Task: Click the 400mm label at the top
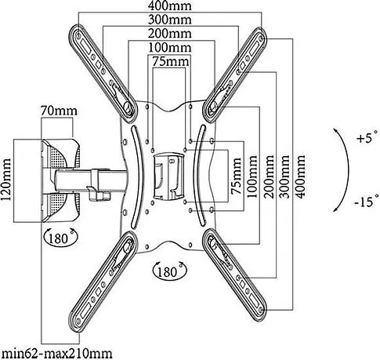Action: [x=170, y=5]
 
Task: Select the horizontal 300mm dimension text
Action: [x=170, y=20]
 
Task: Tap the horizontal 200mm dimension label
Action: [x=170, y=34]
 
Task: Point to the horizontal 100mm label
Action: [x=170, y=48]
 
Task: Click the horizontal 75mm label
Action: [x=170, y=62]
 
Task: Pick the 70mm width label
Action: [x=59, y=111]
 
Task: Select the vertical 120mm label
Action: [x=5, y=179]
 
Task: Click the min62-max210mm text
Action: [x=57, y=354]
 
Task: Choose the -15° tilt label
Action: [x=367, y=201]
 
